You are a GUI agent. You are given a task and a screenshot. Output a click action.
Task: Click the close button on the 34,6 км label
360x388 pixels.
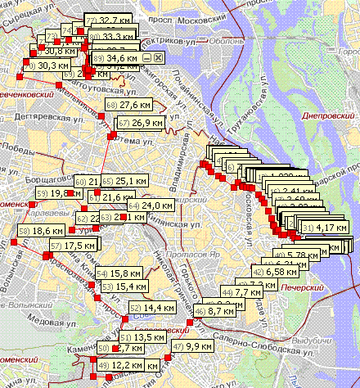[155, 58]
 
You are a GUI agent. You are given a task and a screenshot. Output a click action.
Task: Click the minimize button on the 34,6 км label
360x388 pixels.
[146, 58]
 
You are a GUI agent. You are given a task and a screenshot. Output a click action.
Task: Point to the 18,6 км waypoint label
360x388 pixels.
[35, 231]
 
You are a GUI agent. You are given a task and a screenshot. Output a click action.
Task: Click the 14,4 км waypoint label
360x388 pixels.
[146, 308]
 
